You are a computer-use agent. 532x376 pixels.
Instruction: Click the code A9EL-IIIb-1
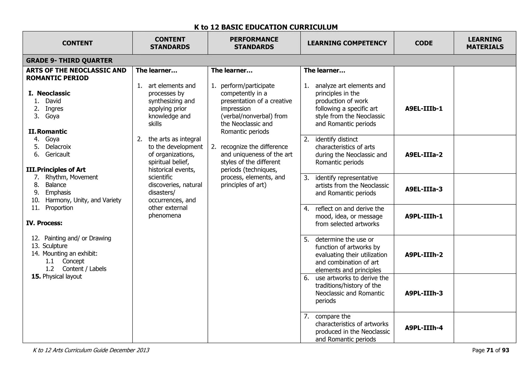[x=424, y=109]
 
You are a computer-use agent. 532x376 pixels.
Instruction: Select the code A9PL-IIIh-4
[x=424, y=328]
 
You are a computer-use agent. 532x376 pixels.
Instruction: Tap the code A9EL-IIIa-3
[x=424, y=189]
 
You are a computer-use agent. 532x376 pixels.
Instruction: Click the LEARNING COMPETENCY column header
[x=347, y=43]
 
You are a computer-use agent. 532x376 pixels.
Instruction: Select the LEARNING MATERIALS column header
[x=485, y=43]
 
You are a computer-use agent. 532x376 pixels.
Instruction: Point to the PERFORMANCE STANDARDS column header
[x=254, y=43]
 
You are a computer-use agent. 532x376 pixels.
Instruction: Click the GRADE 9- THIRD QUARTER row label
[x=69, y=61]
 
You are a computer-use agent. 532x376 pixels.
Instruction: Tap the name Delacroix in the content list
[x=58, y=147]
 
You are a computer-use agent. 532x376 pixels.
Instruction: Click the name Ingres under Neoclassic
[x=54, y=109]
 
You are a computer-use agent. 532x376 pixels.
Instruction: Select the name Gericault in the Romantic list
[x=57, y=154]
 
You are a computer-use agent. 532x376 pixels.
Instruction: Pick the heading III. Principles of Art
[x=56, y=170]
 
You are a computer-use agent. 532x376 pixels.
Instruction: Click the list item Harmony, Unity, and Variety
[x=83, y=200]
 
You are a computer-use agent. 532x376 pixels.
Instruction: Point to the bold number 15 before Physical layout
[x=36, y=277]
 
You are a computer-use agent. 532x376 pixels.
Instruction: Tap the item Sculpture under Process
[x=55, y=246]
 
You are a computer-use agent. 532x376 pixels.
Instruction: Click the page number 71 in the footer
[x=490, y=350]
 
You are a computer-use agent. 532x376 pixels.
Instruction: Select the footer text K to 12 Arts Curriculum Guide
[x=91, y=350]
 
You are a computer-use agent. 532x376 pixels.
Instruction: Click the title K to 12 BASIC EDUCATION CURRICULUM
[x=266, y=27]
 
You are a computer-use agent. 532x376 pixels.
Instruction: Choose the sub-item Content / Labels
[x=84, y=269]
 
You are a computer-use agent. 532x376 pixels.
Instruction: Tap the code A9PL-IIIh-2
[x=424, y=255]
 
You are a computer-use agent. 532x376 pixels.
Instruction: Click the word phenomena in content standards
[x=165, y=216]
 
